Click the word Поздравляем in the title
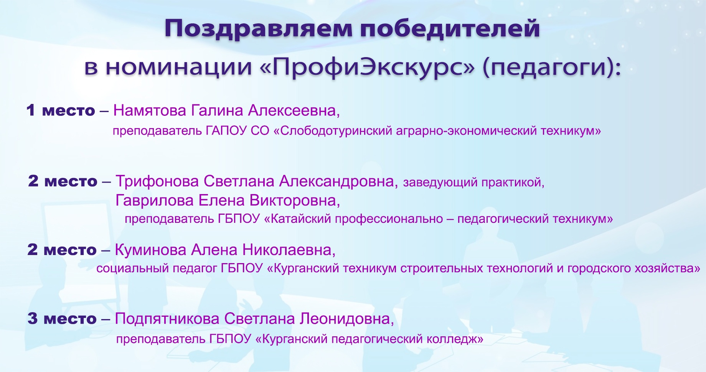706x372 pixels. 258,29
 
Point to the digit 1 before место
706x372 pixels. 31,110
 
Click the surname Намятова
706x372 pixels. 150,110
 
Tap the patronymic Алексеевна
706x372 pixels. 294,110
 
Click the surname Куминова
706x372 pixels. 151,250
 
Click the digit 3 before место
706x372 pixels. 33,319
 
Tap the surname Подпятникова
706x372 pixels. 167,319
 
